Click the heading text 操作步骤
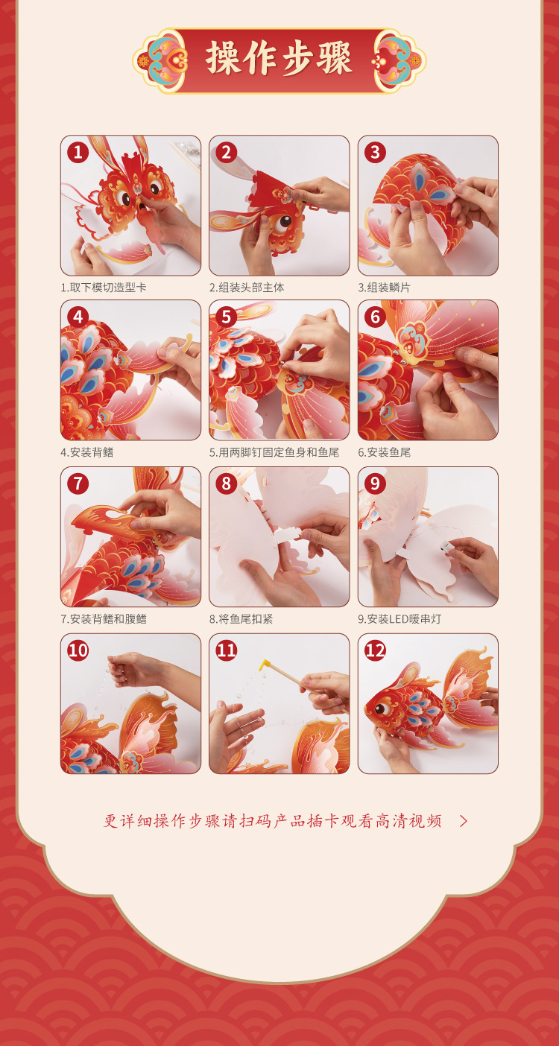(x=279, y=59)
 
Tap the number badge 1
(x=78, y=153)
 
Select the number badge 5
(x=227, y=317)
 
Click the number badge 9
(x=375, y=484)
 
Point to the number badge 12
(x=375, y=650)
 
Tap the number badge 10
(x=78, y=650)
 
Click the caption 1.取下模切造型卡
(x=103, y=288)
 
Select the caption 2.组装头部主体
(x=247, y=288)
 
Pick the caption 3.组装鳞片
(x=385, y=288)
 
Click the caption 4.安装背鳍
(x=87, y=452)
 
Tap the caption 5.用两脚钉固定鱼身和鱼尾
(x=274, y=452)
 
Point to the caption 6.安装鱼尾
(x=385, y=452)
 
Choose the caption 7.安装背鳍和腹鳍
(x=103, y=618)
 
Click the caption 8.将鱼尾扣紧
(x=241, y=618)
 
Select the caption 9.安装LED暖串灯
(x=399, y=618)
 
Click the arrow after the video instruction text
(x=464, y=822)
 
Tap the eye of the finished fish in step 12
(x=382, y=709)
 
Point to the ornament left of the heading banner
(x=160, y=60)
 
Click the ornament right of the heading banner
(x=399, y=60)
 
